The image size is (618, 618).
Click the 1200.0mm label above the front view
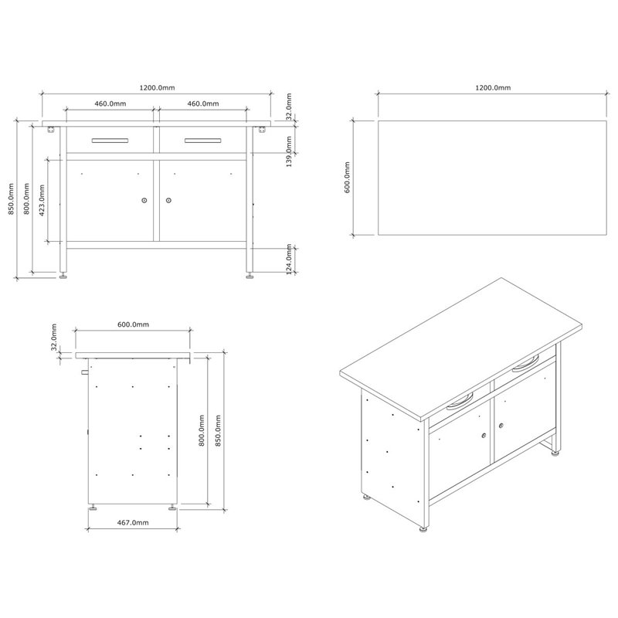tap(157, 87)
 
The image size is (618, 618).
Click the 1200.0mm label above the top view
tap(493, 87)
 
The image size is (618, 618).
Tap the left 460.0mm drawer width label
tap(110, 104)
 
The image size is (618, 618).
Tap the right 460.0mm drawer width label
tap(203, 104)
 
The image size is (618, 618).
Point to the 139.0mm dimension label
tap(289, 151)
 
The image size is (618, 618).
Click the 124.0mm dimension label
tap(289, 260)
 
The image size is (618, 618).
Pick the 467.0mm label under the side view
tap(133, 523)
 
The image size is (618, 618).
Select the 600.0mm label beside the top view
tap(347, 178)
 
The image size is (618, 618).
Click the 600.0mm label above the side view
tap(133, 324)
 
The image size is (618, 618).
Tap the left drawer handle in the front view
tap(110, 141)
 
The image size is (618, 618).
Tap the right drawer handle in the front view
tap(203, 141)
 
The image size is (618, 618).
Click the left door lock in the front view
tap(144, 200)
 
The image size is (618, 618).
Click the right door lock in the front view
tap(168, 200)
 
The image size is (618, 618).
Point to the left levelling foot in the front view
tap(63, 276)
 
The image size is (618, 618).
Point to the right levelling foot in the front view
tap(250, 276)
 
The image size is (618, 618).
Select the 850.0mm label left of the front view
tap(11, 199)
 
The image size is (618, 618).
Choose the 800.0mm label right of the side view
tap(202, 430)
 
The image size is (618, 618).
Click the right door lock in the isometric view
tap(501, 426)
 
